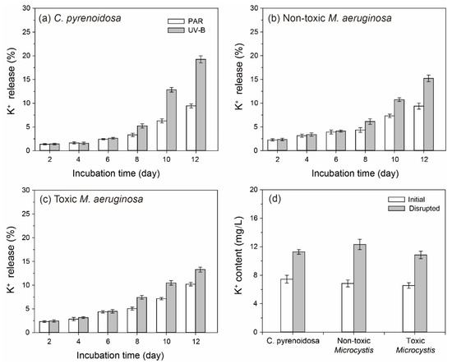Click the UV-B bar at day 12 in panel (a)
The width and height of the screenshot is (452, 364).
click(x=201, y=105)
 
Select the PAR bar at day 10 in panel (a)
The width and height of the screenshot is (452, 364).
click(x=162, y=136)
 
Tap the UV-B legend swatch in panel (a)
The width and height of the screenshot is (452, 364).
click(x=176, y=30)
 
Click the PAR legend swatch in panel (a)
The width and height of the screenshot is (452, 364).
click(x=176, y=21)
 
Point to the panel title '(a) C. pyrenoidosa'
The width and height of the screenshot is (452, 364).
click(x=80, y=18)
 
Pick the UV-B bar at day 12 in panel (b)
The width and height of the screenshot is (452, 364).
click(x=429, y=114)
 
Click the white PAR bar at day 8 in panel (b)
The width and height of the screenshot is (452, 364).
click(x=360, y=141)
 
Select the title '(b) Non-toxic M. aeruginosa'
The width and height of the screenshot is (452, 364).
click(x=330, y=18)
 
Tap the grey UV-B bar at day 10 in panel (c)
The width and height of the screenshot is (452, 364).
click(x=172, y=308)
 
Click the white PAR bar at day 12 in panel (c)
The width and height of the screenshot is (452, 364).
click(x=191, y=308)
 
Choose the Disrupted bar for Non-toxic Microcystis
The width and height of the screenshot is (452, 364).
click(x=360, y=288)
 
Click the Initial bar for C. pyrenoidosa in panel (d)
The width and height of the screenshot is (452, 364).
click(x=287, y=306)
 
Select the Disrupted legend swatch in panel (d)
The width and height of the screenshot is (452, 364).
click(x=396, y=208)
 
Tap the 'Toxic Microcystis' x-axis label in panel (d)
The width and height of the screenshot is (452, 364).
click(x=415, y=345)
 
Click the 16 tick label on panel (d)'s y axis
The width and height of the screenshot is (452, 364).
click(x=254, y=219)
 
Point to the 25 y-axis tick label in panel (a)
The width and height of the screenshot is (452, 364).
click(x=26, y=32)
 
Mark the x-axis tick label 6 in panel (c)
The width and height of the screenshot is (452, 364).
click(x=108, y=342)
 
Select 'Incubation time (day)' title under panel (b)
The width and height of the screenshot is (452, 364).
click(x=355, y=173)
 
